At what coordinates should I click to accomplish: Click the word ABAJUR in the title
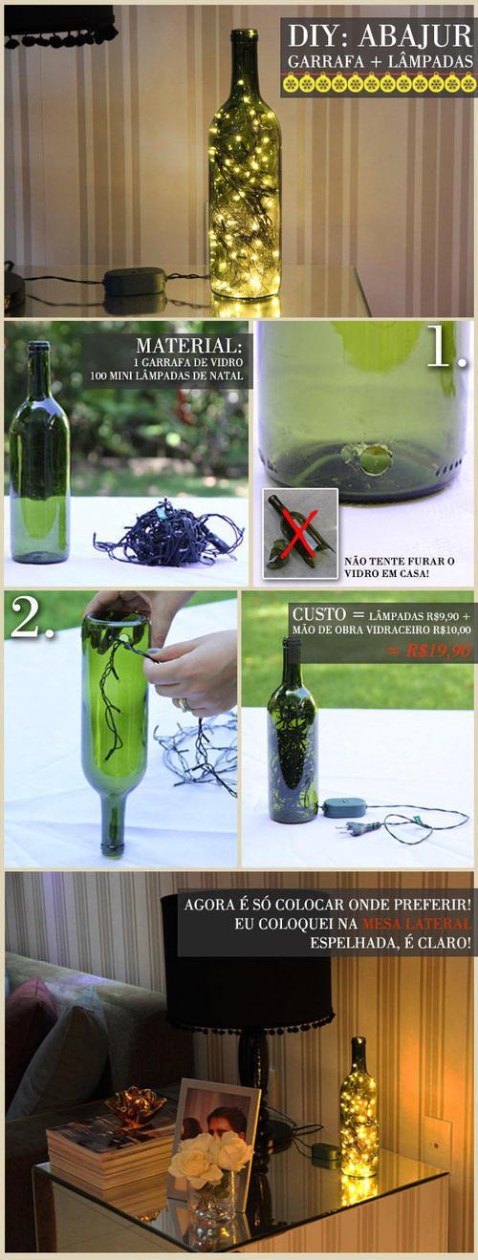click(x=416, y=36)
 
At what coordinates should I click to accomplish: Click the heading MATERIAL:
click(x=189, y=345)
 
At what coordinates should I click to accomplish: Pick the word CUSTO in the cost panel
click(x=318, y=613)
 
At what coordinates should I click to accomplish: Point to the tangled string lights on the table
click(x=169, y=530)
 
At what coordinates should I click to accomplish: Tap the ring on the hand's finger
click(x=184, y=704)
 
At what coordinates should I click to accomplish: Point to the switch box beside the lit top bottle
click(x=135, y=281)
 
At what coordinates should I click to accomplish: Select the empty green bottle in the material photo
click(x=39, y=452)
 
